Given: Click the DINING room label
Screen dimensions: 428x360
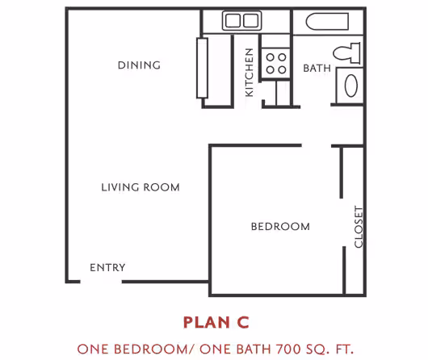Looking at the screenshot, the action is pyautogui.click(x=139, y=65).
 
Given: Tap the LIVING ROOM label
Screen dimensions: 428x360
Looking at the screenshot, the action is pyautogui.click(x=141, y=187).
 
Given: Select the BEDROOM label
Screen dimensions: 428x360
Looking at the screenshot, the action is pyautogui.click(x=280, y=227).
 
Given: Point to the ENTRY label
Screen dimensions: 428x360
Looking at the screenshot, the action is pyautogui.click(x=107, y=267).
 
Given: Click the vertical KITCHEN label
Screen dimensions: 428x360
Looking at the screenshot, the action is pyautogui.click(x=250, y=73).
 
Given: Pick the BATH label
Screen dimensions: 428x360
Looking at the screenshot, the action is pyautogui.click(x=317, y=69).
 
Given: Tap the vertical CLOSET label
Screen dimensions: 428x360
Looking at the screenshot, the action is pyautogui.click(x=359, y=227).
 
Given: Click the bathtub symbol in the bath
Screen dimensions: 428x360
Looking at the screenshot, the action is pyautogui.click(x=327, y=21).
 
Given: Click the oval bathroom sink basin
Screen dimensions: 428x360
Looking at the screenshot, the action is pyautogui.click(x=351, y=86).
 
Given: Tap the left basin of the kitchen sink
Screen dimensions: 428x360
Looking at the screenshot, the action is pyautogui.click(x=233, y=21).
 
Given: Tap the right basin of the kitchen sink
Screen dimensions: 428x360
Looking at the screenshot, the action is pyautogui.click(x=250, y=21).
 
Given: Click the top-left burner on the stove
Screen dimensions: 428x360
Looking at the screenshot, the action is pyautogui.click(x=271, y=57).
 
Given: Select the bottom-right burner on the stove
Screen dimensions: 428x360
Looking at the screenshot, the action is pyautogui.click(x=282, y=70).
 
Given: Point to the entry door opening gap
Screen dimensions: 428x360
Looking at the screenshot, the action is pyautogui.click(x=101, y=282).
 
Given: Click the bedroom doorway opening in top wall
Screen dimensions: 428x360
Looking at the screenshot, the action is pyautogui.click(x=317, y=145).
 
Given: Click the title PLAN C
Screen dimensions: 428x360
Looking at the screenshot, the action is pyautogui.click(x=216, y=323).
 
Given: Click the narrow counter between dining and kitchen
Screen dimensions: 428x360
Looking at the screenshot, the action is pyautogui.click(x=202, y=68).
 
